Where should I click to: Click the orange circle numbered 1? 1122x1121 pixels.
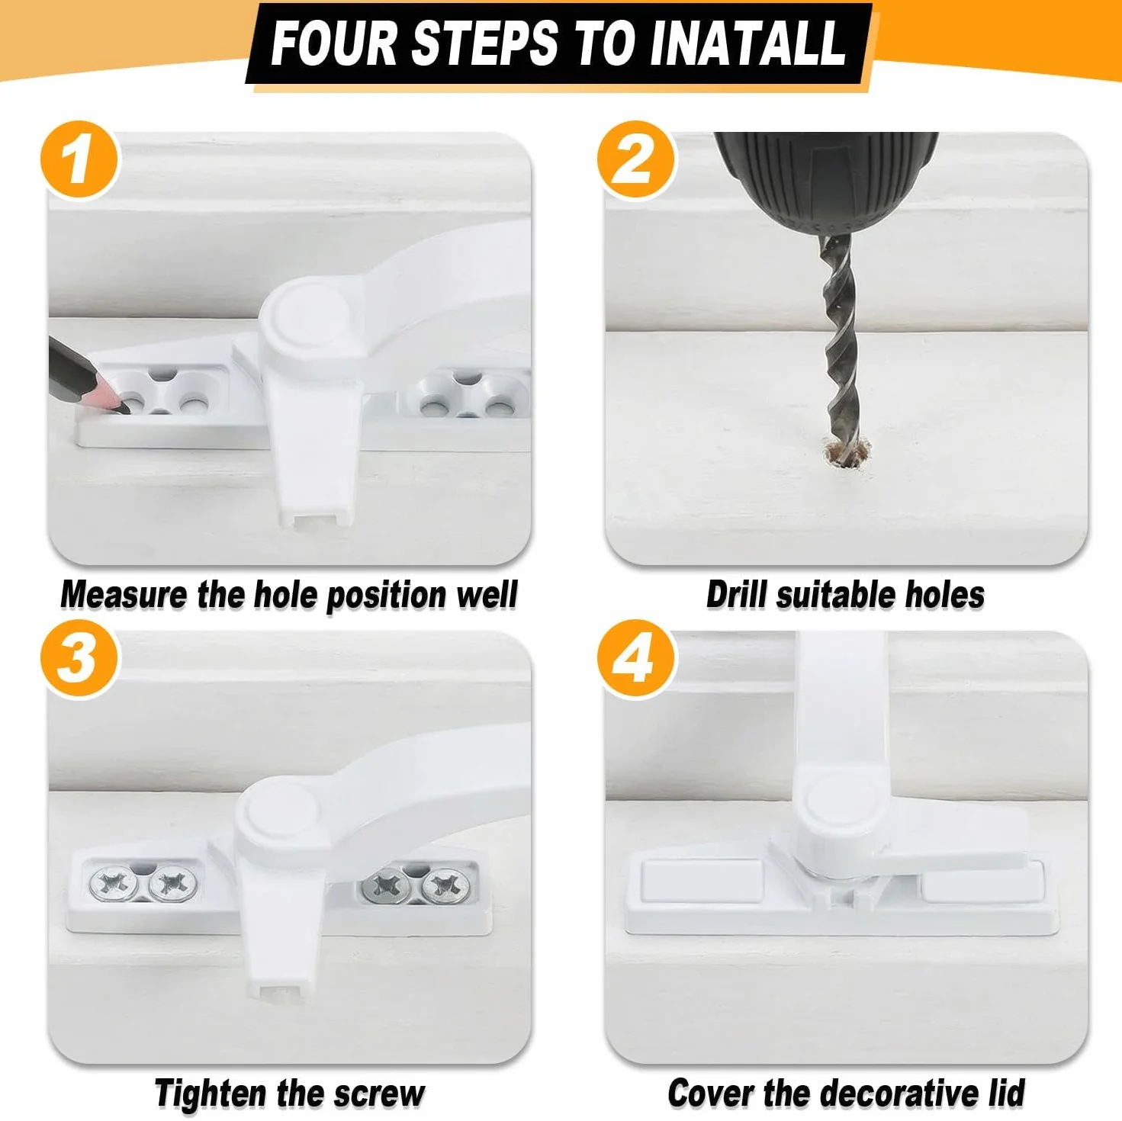tap(79, 159)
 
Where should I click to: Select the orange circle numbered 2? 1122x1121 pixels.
tap(636, 159)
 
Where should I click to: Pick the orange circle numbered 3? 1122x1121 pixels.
tap(79, 659)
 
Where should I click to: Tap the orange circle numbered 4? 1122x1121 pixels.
tap(636, 659)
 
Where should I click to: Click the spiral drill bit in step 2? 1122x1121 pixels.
tap(839, 344)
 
